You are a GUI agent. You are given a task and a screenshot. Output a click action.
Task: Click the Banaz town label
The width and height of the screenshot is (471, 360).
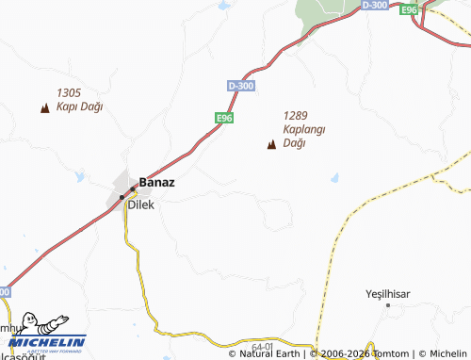pyautogui.click(x=157, y=182)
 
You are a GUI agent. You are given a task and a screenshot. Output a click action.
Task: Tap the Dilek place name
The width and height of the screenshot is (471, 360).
pyautogui.click(x=140, y=203)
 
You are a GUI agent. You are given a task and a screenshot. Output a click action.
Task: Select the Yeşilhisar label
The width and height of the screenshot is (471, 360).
pyautogui.click(x=388, y=294)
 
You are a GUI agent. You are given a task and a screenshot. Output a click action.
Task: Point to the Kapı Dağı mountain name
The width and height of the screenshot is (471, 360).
pyautogui.click(x=79, y=106)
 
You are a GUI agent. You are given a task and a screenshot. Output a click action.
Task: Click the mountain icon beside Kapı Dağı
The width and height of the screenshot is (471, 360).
pyautogui.click(x=44, y=108)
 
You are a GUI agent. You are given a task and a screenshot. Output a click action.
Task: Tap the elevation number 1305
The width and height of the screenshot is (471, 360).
pyautogui.click(x=69, y=92)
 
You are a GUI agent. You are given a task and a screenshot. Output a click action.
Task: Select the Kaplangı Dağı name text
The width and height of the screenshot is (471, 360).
pyautogui.click(x=303, y=136)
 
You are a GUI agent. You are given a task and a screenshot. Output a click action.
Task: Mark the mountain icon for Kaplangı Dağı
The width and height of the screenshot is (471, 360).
pyautogui.click(x=272, y=145)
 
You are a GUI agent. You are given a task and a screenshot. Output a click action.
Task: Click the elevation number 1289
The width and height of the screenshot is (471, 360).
pyautogui.click(x=296, y=115)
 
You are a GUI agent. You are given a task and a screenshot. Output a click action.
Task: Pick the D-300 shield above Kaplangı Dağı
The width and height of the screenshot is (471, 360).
pyautogui.click(x=240, y=86)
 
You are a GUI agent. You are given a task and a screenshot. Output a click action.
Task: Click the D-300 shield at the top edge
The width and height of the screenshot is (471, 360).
pyautogui.click(x=373, y=5)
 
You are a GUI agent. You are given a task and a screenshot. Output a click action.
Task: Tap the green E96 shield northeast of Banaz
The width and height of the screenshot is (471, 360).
pyautogui.click(x=223, y=118)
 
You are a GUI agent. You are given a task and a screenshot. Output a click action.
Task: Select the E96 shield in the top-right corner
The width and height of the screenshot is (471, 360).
pyautogui.click(x=408, y=9)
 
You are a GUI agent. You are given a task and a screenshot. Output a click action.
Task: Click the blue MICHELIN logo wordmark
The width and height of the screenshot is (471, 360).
pyautogui.click(x=48, y=342)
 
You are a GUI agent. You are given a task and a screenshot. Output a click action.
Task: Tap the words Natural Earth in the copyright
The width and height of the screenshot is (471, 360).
pyautogui.click(x=268, y=354)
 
